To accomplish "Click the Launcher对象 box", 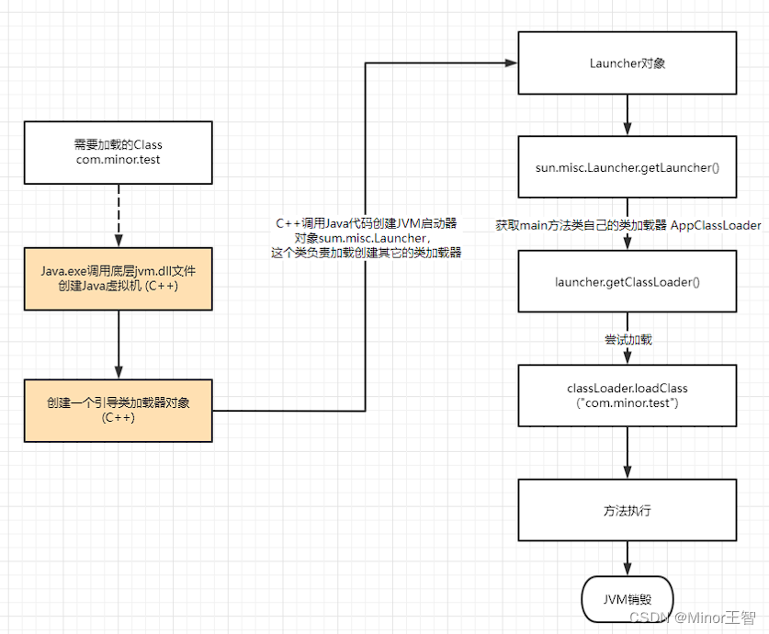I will click(627, 63).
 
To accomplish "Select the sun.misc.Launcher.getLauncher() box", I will click(627, 168).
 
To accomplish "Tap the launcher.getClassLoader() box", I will click(627, 280).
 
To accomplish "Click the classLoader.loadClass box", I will click(627, 396).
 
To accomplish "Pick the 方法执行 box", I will click(627, 509).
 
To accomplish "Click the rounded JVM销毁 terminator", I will click(627, 599).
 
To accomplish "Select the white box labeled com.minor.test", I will click(119, 152).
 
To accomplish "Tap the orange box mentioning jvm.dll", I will click(119, 278).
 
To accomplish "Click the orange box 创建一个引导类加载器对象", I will click(119, 410).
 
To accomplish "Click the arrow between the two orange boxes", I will click(119, 344).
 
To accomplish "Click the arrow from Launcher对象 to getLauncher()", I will click(627, 116).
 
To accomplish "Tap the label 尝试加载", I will click(627, 339).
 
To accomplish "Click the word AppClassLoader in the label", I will click(715, 225).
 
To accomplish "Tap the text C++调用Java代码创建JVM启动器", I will click(367, 223).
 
